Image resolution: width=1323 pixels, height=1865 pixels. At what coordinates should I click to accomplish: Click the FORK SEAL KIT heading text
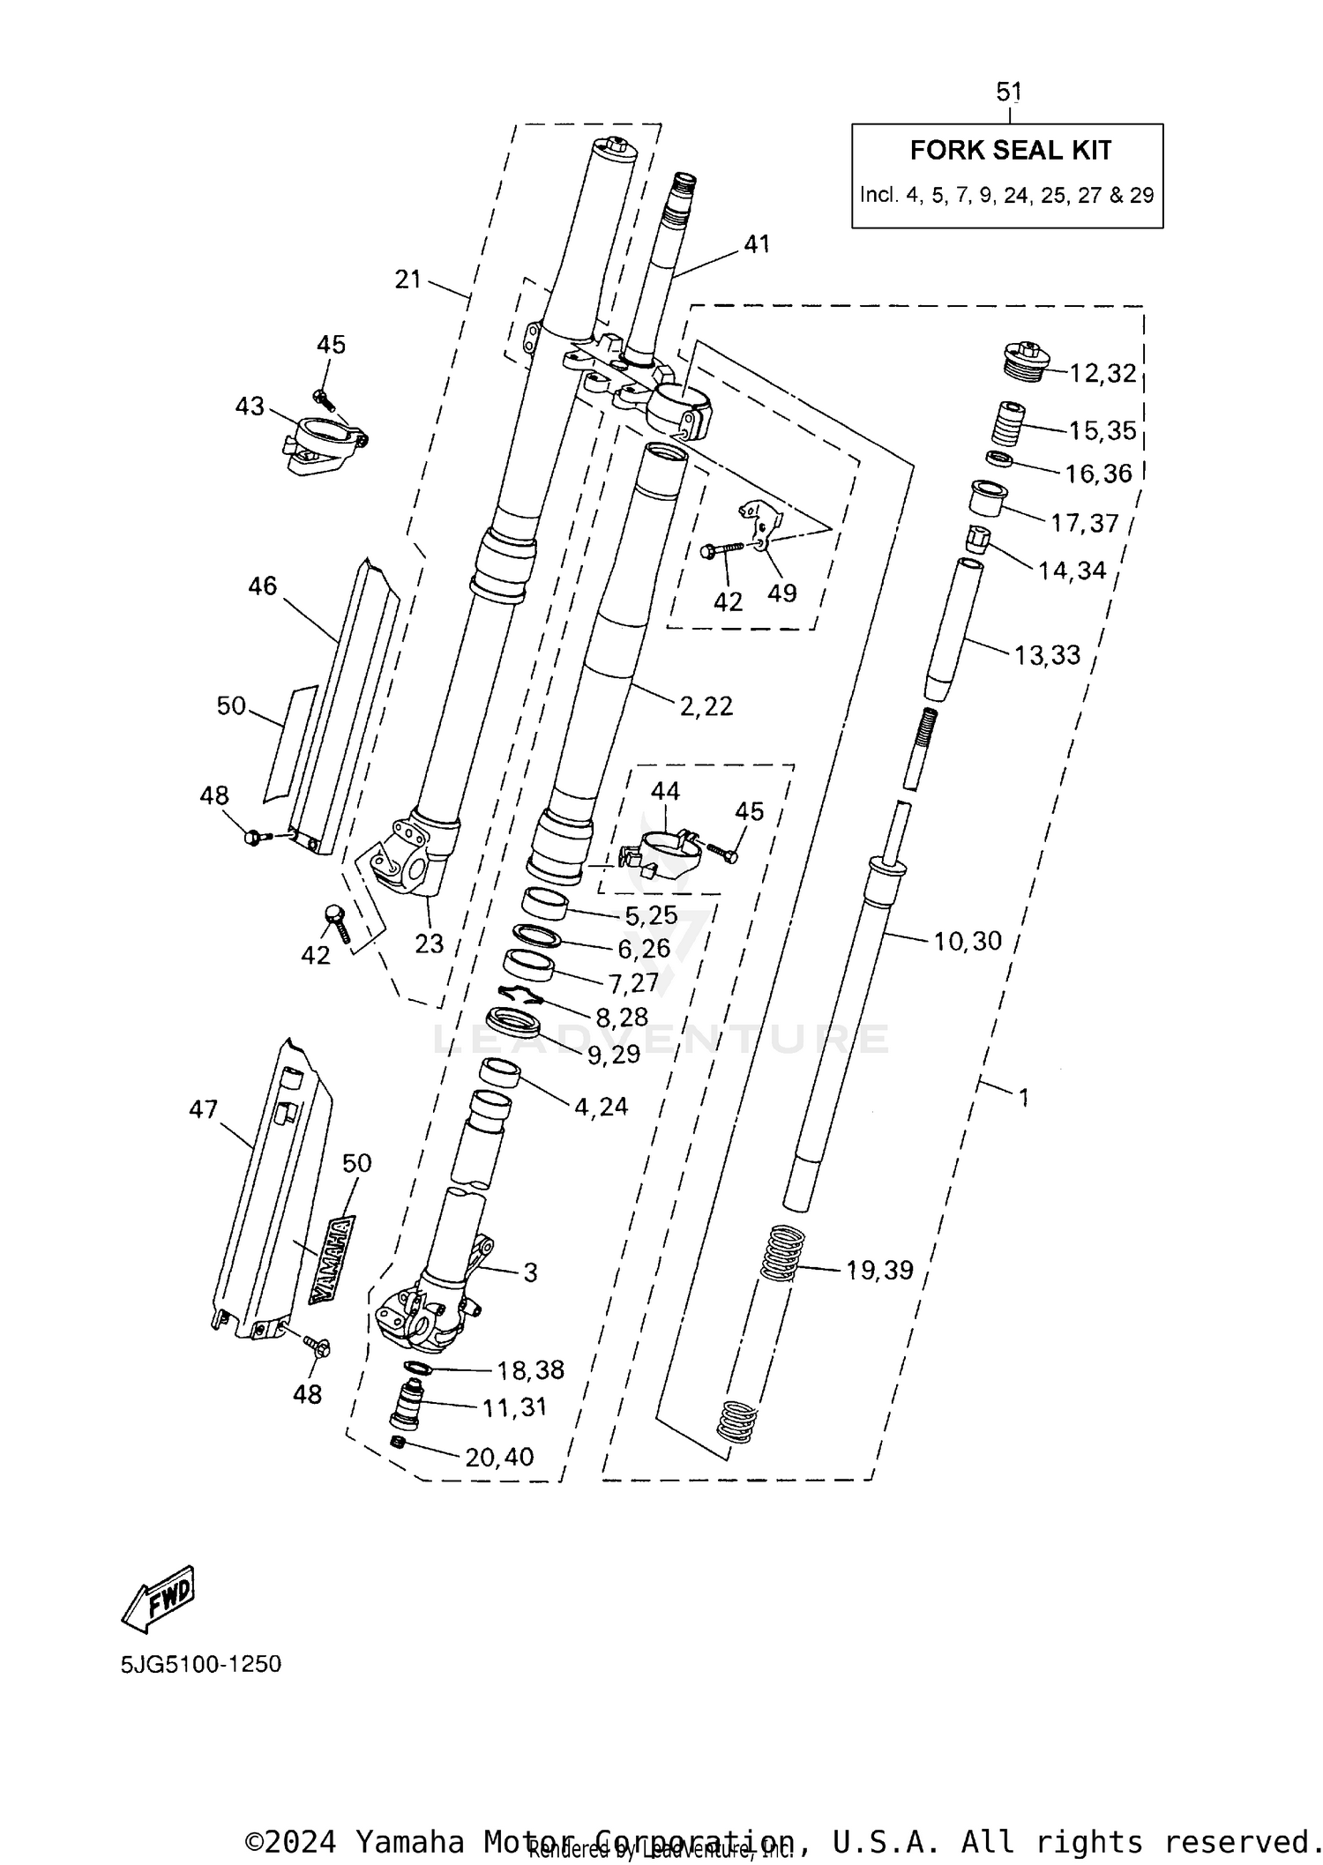pos(1010,151)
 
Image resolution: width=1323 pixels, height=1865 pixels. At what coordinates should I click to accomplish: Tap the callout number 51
pos(1009,91)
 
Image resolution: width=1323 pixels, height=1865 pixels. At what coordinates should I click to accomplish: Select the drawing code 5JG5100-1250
pos(201,1664)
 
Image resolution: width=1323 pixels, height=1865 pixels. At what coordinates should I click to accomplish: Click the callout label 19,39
pos(879,1270)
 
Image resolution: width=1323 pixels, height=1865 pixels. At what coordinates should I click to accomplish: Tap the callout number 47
pos(203,1109)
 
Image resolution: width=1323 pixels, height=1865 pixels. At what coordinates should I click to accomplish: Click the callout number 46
pos(263,586)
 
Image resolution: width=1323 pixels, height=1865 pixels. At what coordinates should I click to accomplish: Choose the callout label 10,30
pos(968,941)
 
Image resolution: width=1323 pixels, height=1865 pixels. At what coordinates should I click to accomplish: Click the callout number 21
pos(408,280)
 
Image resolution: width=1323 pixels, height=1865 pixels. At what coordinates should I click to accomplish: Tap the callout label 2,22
pos(706,705)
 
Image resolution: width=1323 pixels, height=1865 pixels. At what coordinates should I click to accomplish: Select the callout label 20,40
pos(499,1457)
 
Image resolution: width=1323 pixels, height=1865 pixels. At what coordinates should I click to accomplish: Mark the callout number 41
pos(757,244)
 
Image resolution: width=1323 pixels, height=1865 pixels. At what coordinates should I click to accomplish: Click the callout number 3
pos(530,1272)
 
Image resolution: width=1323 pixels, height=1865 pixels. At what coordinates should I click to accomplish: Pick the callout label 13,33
pos(1047,654)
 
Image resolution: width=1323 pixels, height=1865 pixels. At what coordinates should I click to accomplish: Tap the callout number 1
pos(1023,1097)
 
